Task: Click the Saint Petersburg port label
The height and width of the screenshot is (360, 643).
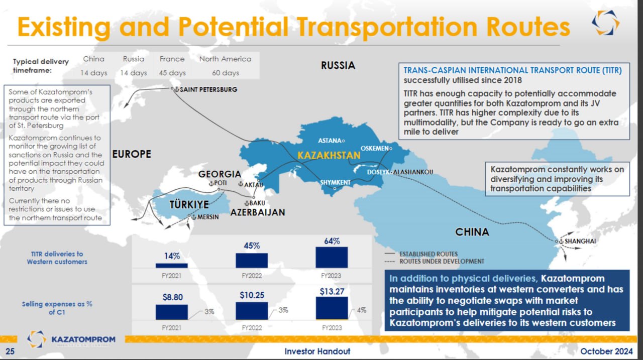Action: [208, 89]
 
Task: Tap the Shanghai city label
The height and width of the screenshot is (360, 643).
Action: [580, 241]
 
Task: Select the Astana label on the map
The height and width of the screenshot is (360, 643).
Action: [330, 141]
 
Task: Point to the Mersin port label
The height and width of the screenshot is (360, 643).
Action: [208, 217]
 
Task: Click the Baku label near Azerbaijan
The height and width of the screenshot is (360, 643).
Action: [257, 203]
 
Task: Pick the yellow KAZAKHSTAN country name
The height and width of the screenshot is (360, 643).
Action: [329, 156]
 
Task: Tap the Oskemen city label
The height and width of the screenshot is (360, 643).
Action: [375, 148]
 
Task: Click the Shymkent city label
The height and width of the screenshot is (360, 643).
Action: [335, 182]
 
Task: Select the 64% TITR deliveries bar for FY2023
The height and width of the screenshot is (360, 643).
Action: [332, 257]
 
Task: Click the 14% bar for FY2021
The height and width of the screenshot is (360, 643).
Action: [172, 266]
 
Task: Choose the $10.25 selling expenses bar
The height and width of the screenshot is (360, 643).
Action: [252, 311]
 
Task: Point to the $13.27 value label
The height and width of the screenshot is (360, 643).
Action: [332, 292]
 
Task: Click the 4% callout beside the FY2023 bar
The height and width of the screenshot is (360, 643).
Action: [361, 310]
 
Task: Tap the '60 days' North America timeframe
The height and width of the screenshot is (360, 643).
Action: [226, 73]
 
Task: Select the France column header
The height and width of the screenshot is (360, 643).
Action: [172, 59]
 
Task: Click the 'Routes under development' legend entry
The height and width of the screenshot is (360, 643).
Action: [435, 262]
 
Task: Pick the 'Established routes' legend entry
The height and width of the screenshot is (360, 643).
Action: [421, 254]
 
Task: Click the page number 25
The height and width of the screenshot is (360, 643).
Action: [10, 351]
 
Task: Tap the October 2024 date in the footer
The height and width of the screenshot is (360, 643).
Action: [606, 351]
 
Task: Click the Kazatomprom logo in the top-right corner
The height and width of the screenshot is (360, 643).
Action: [605, 23]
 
